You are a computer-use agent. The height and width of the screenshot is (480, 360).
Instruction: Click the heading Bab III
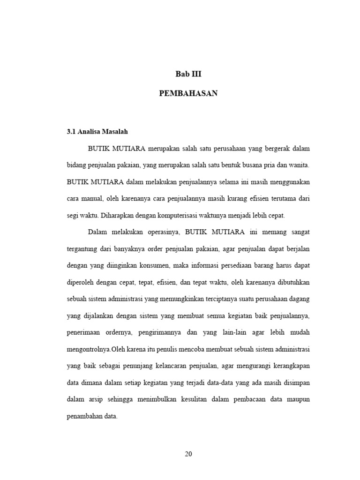pos(188,74)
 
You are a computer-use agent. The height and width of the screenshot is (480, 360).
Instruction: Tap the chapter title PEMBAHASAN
pos(188,93)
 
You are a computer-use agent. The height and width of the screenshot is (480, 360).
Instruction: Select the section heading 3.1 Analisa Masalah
pos(97,132)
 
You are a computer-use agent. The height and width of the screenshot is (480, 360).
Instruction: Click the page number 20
pos(188,454)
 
